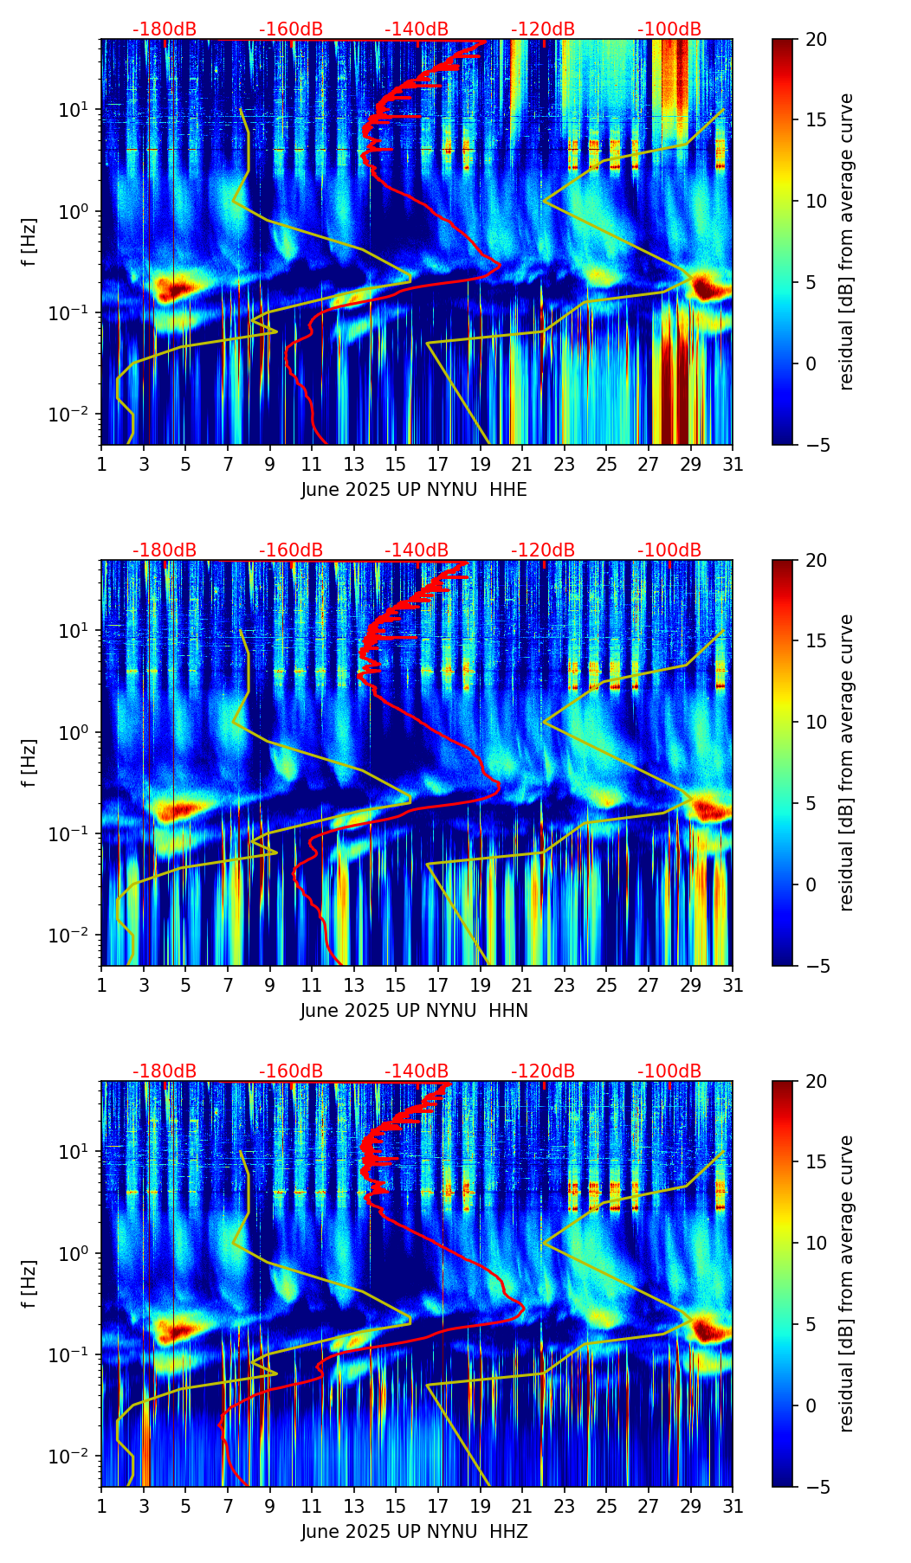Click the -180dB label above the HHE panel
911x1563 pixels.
tap(165, 29)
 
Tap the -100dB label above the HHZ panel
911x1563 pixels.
tap(669, 1071)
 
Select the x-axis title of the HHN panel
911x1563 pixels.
tap(414, 1010)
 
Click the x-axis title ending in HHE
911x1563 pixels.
tap(414, 489)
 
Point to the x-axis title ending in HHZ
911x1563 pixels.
tap(414, 1531)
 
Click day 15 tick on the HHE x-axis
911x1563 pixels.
tap(396, 464)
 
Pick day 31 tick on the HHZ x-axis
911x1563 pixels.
tap(733, 1506)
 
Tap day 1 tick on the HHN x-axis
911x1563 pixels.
tap(101, 985)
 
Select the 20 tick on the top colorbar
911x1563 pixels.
tap(816, 39)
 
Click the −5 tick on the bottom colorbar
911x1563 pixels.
tap(816, 1486)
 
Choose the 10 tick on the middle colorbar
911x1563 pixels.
tap(816, 722)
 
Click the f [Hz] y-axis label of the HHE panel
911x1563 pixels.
tap(29, 241)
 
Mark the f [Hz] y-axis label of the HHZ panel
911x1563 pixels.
tap(29, 1283)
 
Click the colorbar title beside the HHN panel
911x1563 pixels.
tap(847, 762)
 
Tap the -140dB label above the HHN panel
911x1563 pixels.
tap(417, 550)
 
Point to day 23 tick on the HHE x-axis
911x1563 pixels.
tap(564, 464)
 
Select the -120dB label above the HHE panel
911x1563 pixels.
tap(543, 29)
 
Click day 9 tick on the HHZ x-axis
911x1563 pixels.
tap(269, 1506)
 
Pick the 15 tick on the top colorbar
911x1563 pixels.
tap(816, 120)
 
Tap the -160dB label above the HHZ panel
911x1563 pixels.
tap(291, 1071)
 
